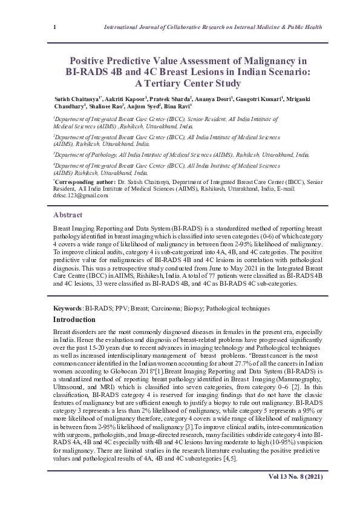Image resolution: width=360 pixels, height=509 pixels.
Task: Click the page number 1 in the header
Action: point(55,28)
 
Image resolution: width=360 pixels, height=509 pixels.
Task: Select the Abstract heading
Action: point(68,215)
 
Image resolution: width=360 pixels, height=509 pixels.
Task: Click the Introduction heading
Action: point(79,319)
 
